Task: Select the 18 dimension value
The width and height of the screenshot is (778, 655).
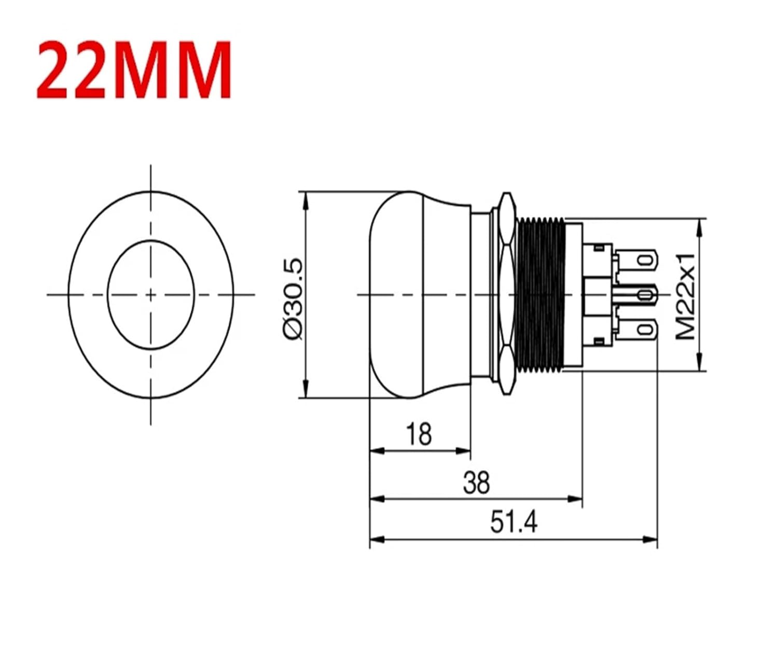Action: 419,434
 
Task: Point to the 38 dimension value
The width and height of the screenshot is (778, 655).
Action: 476,482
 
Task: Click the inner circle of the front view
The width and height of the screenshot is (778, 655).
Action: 150,269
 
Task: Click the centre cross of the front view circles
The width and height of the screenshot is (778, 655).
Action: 150,295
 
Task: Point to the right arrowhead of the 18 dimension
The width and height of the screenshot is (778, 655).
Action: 464,451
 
